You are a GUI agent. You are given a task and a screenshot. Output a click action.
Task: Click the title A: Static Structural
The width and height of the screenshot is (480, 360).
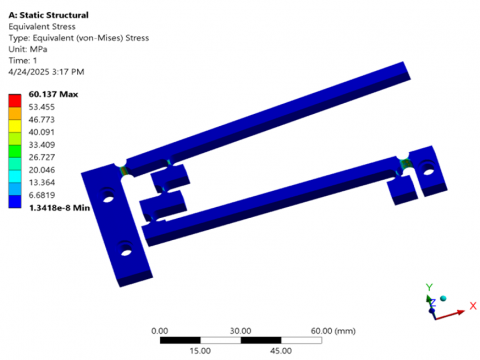[49, 15]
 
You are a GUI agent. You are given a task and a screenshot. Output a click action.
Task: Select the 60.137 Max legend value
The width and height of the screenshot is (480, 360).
[53, 94]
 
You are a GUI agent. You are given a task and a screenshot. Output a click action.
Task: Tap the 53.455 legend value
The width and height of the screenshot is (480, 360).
[42, 107]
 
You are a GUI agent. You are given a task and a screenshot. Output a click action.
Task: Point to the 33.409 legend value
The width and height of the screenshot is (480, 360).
[42, 145]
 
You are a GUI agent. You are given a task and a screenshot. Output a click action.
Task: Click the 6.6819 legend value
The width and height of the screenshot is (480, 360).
[42, 195]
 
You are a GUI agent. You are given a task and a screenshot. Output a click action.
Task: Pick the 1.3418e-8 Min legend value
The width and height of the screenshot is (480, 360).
[60, 208]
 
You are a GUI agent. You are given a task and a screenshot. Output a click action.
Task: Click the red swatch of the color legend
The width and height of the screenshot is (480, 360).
[15, 101]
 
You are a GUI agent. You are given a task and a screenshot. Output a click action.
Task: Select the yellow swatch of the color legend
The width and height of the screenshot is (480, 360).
[15, 126]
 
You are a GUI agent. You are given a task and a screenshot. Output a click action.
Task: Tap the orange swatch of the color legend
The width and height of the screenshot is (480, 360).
[15, 113]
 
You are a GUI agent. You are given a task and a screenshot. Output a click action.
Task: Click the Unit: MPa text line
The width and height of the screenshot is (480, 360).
[28, 49]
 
